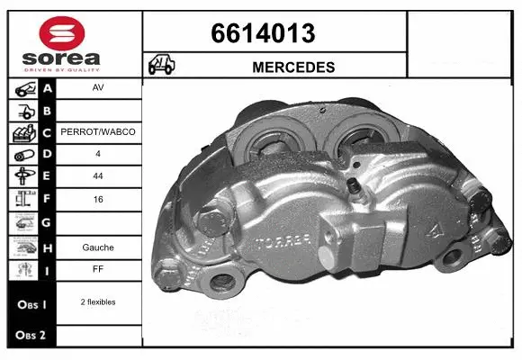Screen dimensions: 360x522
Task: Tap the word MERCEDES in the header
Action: [293, 67]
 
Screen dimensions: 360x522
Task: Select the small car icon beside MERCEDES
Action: [162, 66]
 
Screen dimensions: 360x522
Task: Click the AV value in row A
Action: [98, 89]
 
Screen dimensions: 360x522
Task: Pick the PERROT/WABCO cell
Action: [98, 132]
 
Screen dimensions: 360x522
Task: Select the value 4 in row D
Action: [98, 153]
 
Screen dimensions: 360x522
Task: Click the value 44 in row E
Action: [98, 175]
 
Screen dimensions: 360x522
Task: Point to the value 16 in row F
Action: [98, 198]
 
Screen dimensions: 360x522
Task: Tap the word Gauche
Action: [98, 246]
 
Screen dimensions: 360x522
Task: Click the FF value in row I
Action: [98, 269]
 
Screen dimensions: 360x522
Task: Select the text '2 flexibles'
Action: [98, 302]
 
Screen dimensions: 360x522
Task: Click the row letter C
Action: [48, 132]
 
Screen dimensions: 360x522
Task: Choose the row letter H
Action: [48, 246]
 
